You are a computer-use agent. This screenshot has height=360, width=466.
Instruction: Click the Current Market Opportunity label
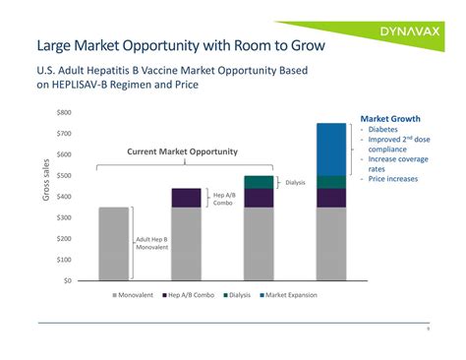pos(182,150)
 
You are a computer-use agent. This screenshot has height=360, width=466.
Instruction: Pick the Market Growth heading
pos(390,118)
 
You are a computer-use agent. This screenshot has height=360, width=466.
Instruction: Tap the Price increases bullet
pos(392,179)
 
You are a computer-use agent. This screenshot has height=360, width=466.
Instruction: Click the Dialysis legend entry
pos(241,295)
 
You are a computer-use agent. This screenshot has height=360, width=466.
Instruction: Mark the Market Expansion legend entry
pos(290,295)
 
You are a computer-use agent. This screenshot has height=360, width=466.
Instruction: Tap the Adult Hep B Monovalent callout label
pos(151,242)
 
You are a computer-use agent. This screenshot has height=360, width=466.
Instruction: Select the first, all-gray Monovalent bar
pos(113,243)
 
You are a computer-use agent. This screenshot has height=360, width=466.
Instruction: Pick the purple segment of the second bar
pos(186,197)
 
